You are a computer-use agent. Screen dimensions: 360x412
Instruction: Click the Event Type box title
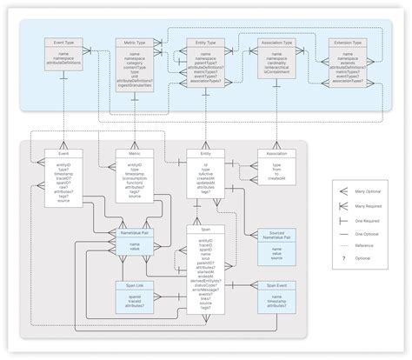63,41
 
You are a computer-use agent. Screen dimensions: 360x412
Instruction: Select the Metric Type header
134,41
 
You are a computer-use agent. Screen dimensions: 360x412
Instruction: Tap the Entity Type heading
206,41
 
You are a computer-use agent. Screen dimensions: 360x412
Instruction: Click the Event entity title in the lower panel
63,153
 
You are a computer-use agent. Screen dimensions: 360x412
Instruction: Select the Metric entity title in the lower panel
134,153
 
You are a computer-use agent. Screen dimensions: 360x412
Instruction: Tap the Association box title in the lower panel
276,153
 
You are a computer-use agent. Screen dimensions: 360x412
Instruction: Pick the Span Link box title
134,284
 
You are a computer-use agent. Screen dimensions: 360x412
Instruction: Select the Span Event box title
276,284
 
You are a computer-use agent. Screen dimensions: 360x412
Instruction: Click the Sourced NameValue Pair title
276,235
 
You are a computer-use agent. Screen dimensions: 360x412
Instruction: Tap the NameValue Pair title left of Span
134,233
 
